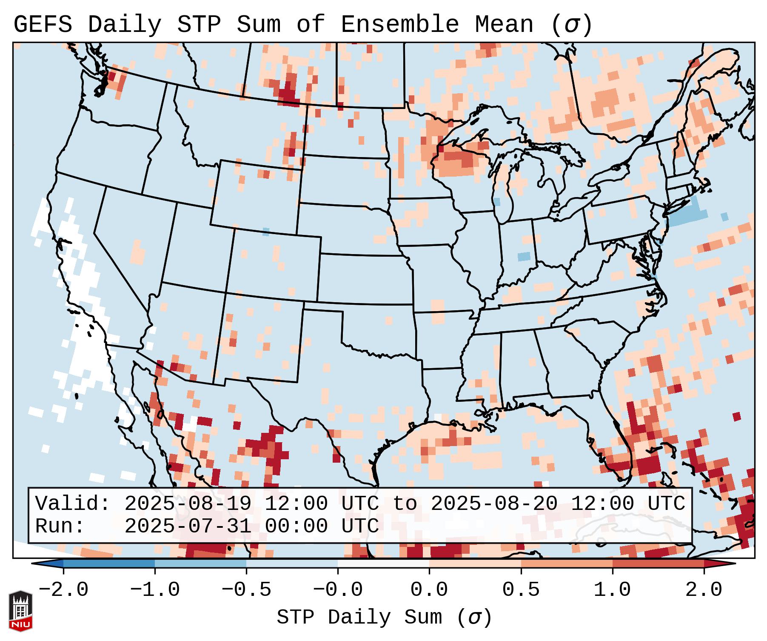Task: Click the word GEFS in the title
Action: [43, 25]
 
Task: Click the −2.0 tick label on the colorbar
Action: [63, 590]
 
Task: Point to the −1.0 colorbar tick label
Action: [155, 590]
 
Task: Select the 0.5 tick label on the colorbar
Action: [521, 590]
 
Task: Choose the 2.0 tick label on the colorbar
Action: [704, 590]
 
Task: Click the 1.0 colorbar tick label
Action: [612, 590]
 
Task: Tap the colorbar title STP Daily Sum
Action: [359, 617]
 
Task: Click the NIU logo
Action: [20, 610]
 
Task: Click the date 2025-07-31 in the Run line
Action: [188, 526]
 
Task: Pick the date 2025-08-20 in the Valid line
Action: [494, 504]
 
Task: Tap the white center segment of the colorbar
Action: [383, 564]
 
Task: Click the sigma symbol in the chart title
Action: [571, 25]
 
